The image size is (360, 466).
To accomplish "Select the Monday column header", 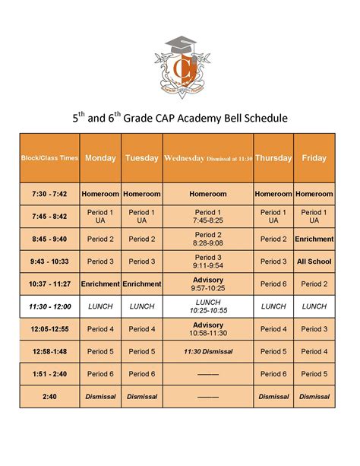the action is pyautogui.click(x=100, y=158).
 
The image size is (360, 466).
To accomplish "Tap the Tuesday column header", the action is pyautogui.click(x=141, y=158).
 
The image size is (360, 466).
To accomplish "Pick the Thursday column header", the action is pyautogui.click(x=273, y=158).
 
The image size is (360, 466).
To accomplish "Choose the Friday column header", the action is pyautogui.click(x=314, y=158).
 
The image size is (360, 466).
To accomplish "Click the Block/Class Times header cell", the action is pyautogui.click(x=49, y=158).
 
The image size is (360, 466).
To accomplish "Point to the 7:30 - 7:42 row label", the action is pyautogui.click(x=49, y=194).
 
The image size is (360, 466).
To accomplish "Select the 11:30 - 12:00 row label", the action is pyautogui.click(x=49, y=306).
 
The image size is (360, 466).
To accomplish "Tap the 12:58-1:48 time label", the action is pyautogui.click(x=49, y=352).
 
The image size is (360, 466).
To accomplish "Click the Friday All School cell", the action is pyautogui.click(x=314, y=262).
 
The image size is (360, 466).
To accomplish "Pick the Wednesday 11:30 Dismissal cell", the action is pyautogui.click(x=207, y=352).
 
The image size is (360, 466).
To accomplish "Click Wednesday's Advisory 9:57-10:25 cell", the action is pyautogui.click(x=207, y=284).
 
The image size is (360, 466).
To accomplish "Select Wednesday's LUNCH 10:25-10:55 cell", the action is pyautogui.click(x=207, y=306).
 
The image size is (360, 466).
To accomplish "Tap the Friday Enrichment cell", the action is pyautogui.click(x=314, y=239).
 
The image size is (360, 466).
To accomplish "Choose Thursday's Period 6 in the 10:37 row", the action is pyautogui.click(x=273, y=284).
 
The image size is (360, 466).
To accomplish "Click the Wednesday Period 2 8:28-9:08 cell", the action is pyautogui.click(x=207, y=239).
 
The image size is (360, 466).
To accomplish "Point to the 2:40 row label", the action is pyautogui.click(x=49, y=396).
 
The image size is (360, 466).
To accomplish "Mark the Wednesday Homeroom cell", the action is pyautogui.click(x=207, y=194).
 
